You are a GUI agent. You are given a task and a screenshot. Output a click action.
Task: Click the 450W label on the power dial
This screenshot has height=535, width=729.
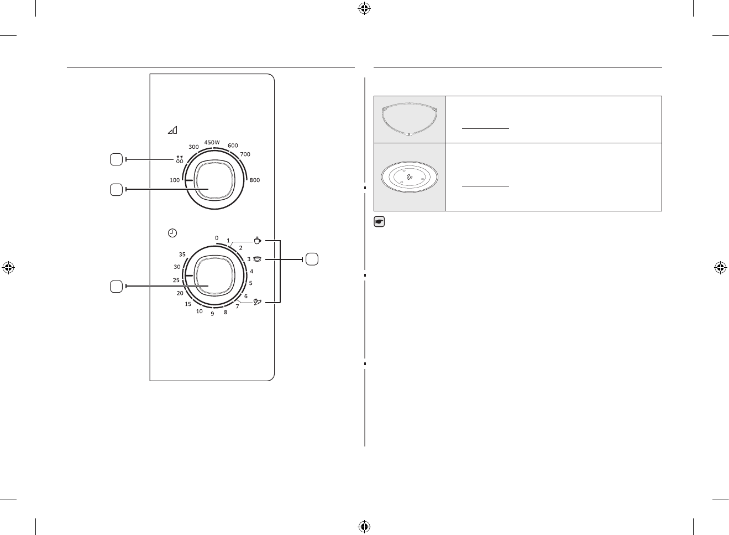(212, 142)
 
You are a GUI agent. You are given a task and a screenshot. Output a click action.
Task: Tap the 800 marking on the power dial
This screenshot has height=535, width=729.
(255, 180)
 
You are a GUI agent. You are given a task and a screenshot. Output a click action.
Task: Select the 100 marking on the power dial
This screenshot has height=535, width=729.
(175, 180)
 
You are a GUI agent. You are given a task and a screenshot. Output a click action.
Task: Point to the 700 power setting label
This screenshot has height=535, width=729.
(245, 154)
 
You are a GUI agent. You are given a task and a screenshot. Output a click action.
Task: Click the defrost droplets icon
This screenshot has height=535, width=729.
(180, 159)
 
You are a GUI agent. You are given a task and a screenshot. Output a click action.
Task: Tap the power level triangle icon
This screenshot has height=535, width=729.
(172, 130)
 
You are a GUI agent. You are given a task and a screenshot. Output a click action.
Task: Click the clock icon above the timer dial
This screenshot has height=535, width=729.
(172, 233)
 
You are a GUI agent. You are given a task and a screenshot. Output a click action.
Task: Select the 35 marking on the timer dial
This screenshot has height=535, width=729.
(182, 254)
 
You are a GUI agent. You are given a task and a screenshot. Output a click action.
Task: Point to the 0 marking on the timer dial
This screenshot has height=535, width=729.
(217, 238)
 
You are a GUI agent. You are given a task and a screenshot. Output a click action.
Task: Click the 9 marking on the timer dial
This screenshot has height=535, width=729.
(213, 314)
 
